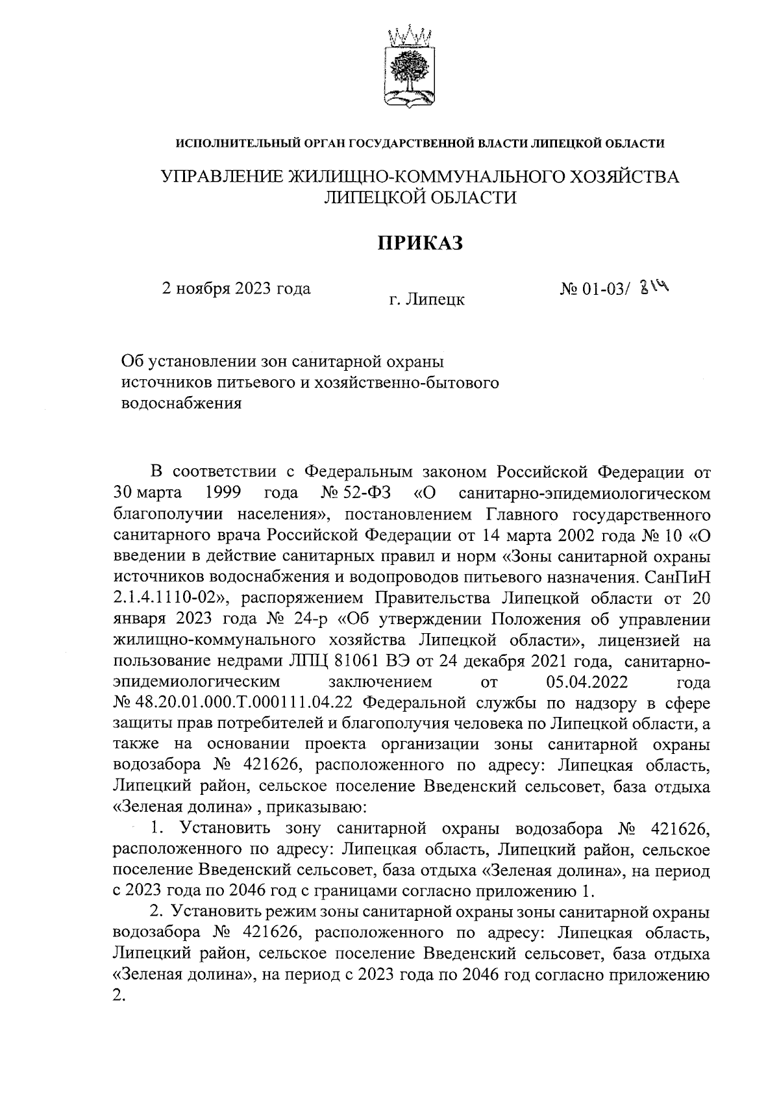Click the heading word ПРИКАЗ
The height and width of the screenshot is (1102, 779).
pos(420,243)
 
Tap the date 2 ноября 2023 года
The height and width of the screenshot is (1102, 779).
pos(236,288)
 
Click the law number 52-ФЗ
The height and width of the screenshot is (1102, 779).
pos(365,492)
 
